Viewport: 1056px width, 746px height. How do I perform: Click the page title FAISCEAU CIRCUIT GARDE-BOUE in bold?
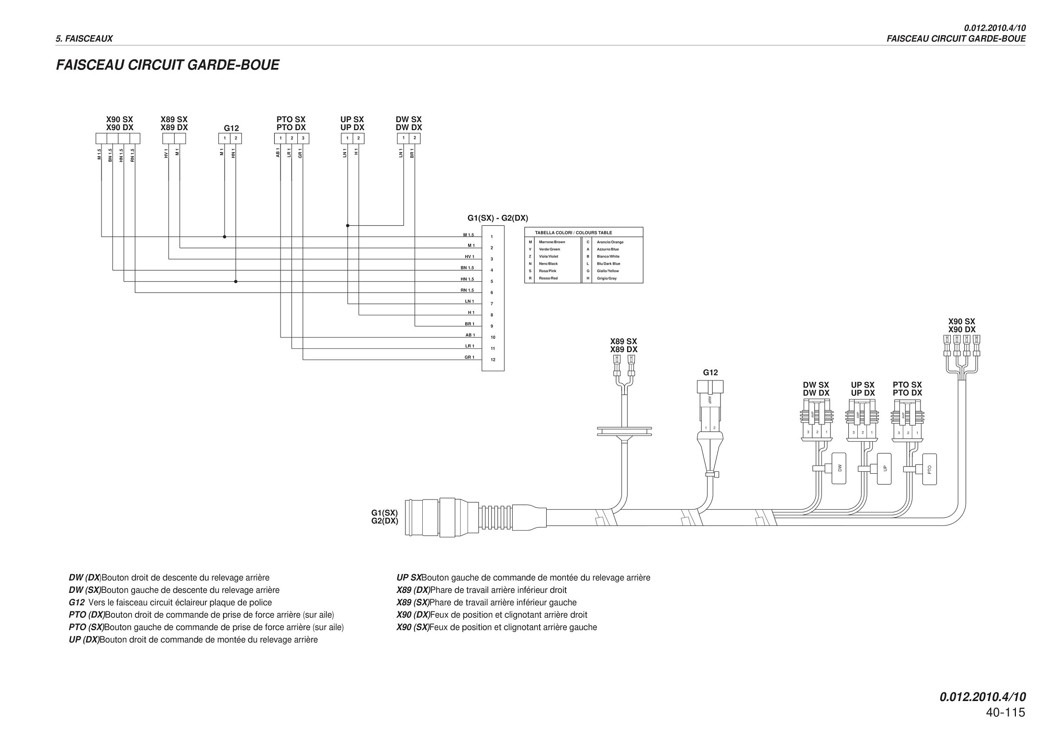pyautogui.click(x=168, y=65)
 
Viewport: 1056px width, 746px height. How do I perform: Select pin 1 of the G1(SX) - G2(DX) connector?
pyautogui.click(x=492, y=236)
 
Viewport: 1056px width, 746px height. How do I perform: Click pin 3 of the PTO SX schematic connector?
pyautogui.click(x=303, y=138)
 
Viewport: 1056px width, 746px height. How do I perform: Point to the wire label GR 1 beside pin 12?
pyautogui.click(x=469, y=357)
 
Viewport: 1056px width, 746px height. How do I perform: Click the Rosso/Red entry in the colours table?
pyautogui.click(x=548, y=278)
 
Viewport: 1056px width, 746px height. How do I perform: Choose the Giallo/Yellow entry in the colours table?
pyautogui.click(x=607, y=271)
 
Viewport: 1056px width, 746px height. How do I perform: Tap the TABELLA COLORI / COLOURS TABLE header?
pyautogui.click(x=573, y=233)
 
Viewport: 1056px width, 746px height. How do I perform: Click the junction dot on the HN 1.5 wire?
pyautogui.click(x=236, y=281)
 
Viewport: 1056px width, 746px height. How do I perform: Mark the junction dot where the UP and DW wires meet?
pyautogui.click(x=348, y=225)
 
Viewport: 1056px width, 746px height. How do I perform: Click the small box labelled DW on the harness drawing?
pyautogui.click(x=839, y=468)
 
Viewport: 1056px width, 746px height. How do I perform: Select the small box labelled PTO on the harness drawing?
pyautogui.click(x=929, y=469)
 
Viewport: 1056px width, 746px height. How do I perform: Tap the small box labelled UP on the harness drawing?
pyautogui.click(x=884, y=468)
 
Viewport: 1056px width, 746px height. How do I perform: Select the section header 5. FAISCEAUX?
pyautogui.click(x=84, y=39)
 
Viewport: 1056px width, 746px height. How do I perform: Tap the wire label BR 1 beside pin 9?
pyautogui.click(x=469, y=324)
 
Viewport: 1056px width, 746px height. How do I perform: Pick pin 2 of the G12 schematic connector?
pyautogui.click(x=236, y=138)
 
